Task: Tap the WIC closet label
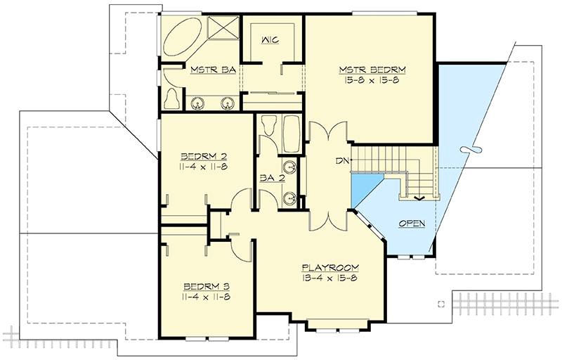click(270, 40)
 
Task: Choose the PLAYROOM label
click(331, 267)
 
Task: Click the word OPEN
click(412, 223)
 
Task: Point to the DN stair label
click(343, 161)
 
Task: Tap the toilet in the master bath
click(170, 98)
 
